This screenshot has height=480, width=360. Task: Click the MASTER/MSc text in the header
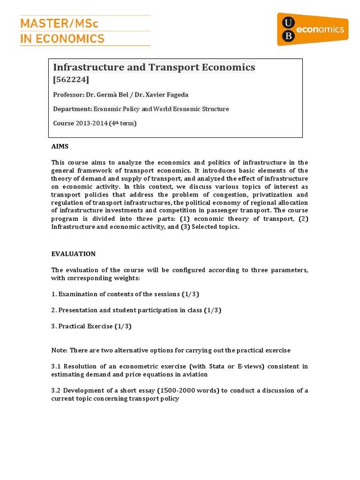pos(59,23)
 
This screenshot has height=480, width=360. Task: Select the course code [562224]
pos(71,80)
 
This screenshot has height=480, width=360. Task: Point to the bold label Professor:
pos(68,95)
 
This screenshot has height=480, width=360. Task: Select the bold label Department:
pos(72,109)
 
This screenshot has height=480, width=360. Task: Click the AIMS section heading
pos(60,147)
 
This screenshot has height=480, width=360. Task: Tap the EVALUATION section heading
pos(73,254)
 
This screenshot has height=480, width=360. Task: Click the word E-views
pos(240,367)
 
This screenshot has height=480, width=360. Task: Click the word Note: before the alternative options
pos(60,350)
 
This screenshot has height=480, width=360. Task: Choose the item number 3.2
pos(56,390)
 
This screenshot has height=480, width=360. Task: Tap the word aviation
pos(195,375)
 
